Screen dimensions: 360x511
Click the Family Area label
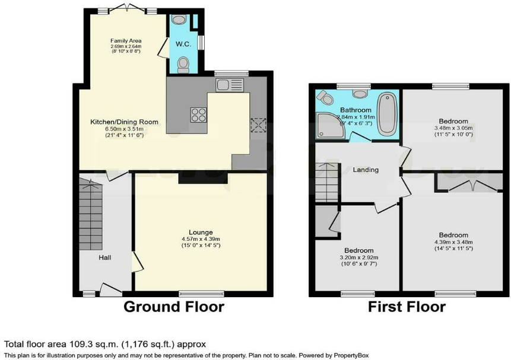pos(125,41)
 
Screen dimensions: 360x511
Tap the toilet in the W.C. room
pos(183,62)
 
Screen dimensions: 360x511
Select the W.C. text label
pos(182,43)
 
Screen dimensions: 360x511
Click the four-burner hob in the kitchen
pos(198,114)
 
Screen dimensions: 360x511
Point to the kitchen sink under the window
pos(230,85)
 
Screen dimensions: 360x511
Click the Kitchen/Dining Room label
pos(124,122)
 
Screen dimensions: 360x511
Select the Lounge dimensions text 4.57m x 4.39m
pos(201,239)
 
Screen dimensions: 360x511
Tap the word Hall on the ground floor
pos(105,258)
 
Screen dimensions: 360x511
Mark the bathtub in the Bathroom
pos(386,113)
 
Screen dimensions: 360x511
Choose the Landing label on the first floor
pos(366,170)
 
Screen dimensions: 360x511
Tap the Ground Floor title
pos(173,307)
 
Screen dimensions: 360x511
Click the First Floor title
pos(407,307)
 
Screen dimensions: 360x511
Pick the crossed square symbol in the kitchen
pos(259,125)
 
